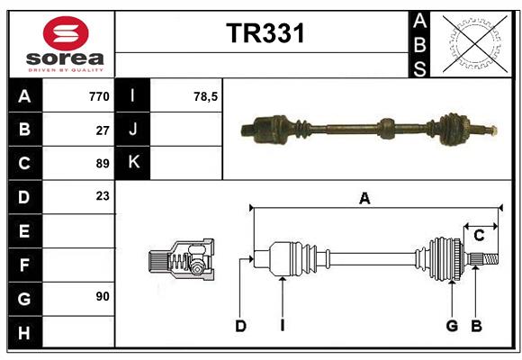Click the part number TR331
pyautogui.click(x=265, y=33)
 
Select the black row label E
pyautogui.click(x=24, y=231)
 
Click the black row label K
pyautogui.click(x=133, y=163)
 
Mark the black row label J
pyautogui.click(x=133, y=130)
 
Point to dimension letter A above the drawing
pyautogui.click(x=364, y=199)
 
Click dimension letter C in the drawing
pyautogui.click(x=480, y=236)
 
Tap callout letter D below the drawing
pyautogui.click(x=240, y=326)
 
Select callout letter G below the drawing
pyautogui.click(x=452, y=326)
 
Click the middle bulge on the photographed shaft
pyautogui.click(x=388, y=128)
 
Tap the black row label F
pyautogui.click(x=24, y=265)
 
